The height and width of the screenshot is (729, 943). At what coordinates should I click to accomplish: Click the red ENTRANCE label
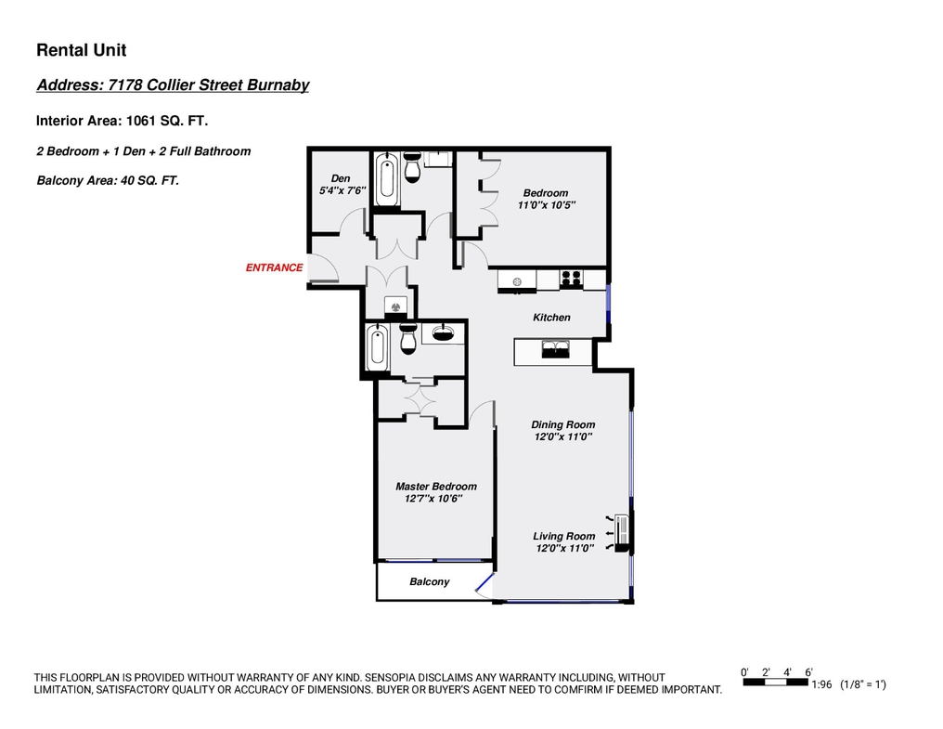coord(274,267)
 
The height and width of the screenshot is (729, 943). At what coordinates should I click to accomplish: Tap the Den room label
coord(341,178)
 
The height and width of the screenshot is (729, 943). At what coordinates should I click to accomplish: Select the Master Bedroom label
coord(436,487)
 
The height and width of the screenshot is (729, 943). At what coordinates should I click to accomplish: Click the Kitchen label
coord(551,318)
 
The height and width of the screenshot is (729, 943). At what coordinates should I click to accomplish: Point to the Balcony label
coord(430,581)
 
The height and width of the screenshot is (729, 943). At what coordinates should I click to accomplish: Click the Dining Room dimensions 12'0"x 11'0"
coord(563,437)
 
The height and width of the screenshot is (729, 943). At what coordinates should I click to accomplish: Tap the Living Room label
coord(564,536)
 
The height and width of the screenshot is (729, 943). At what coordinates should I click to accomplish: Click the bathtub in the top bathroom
coord(387,178)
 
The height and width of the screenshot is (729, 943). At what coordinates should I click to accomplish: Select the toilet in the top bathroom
coord(412,167)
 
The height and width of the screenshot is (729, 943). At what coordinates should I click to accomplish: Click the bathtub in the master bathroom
coord(378,348)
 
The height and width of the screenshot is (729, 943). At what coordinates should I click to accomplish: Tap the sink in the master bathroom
coord(444,332)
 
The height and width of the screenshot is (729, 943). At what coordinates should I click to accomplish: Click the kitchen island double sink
coord(556,348)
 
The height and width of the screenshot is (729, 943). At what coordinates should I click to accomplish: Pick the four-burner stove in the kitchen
coord(571,278)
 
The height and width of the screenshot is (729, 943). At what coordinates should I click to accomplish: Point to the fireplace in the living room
coord(623,533)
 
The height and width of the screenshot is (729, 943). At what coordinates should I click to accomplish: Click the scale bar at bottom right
coord(775,682)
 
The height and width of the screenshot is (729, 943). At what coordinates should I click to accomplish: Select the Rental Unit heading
coord(81,50)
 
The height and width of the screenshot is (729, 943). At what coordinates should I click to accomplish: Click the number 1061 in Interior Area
coord(141,121)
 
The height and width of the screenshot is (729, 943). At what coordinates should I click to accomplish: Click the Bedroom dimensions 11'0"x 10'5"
coord(547,205)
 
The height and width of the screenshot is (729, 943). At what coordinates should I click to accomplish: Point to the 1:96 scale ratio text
coord(821,684)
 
